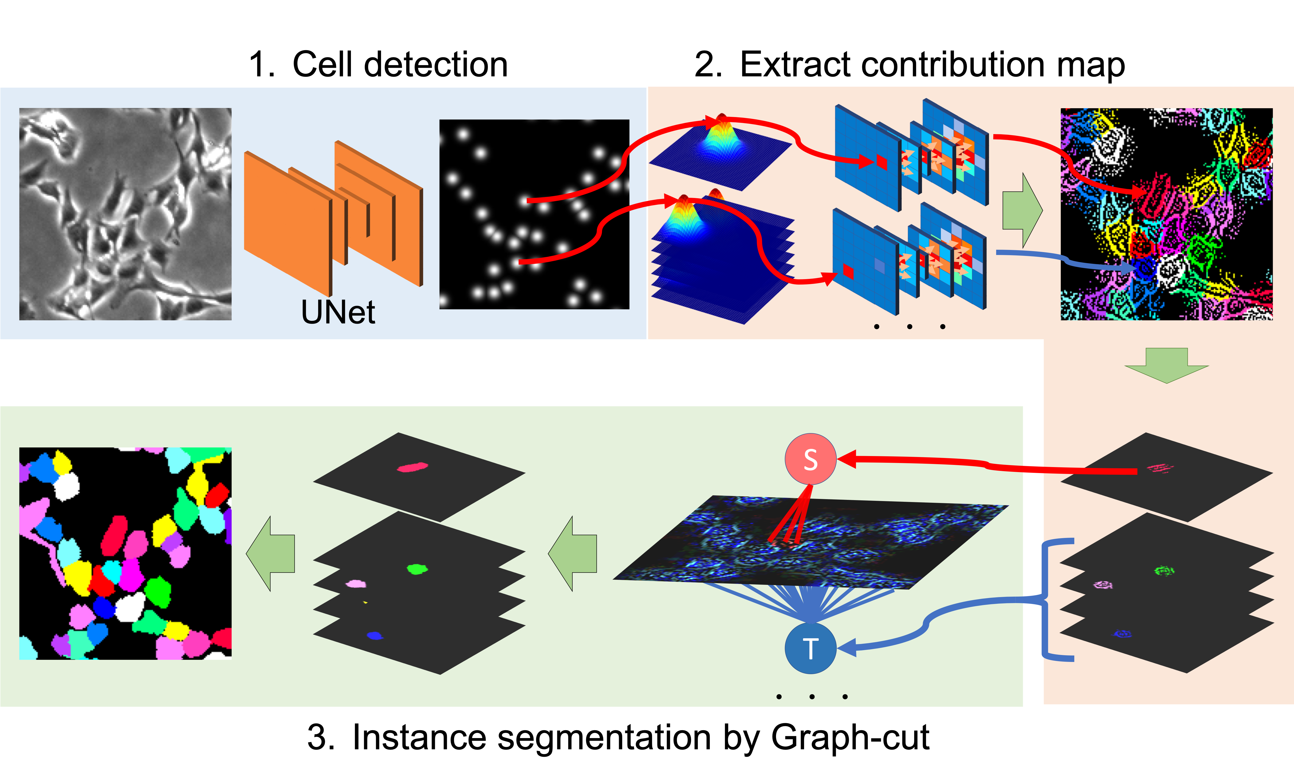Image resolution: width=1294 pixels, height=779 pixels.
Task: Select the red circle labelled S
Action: coord(810,459)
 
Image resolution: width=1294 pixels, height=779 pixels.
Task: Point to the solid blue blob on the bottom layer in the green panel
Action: coord(374,636)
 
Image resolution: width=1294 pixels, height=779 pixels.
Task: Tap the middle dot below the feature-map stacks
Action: coord(909,327)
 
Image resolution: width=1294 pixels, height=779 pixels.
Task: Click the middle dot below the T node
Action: coord(812,697)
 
